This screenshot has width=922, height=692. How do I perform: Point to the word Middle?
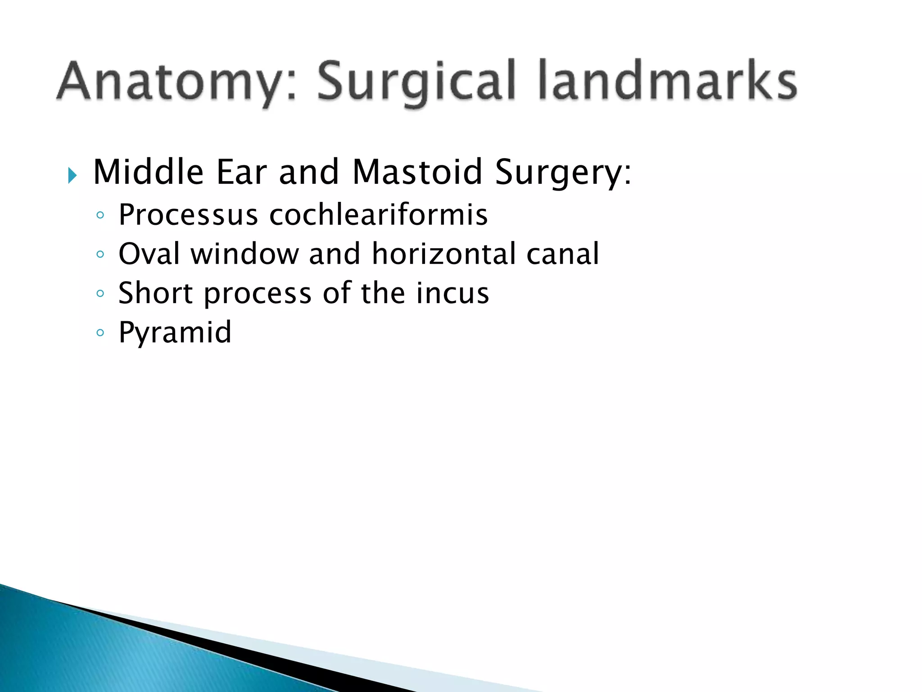tap(148, 172)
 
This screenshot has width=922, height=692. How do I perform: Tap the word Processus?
tap(188, 214)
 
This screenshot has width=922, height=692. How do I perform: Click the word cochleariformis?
tap(378, 214)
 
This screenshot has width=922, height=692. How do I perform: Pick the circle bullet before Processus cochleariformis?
tap(100, 215)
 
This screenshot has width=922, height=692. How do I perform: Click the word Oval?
tap(149, 254)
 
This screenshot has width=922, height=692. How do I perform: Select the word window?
tap(244, 254)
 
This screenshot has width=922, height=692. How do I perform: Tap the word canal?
tap(562, 254)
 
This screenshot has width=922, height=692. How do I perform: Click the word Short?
tap(156, 293)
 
